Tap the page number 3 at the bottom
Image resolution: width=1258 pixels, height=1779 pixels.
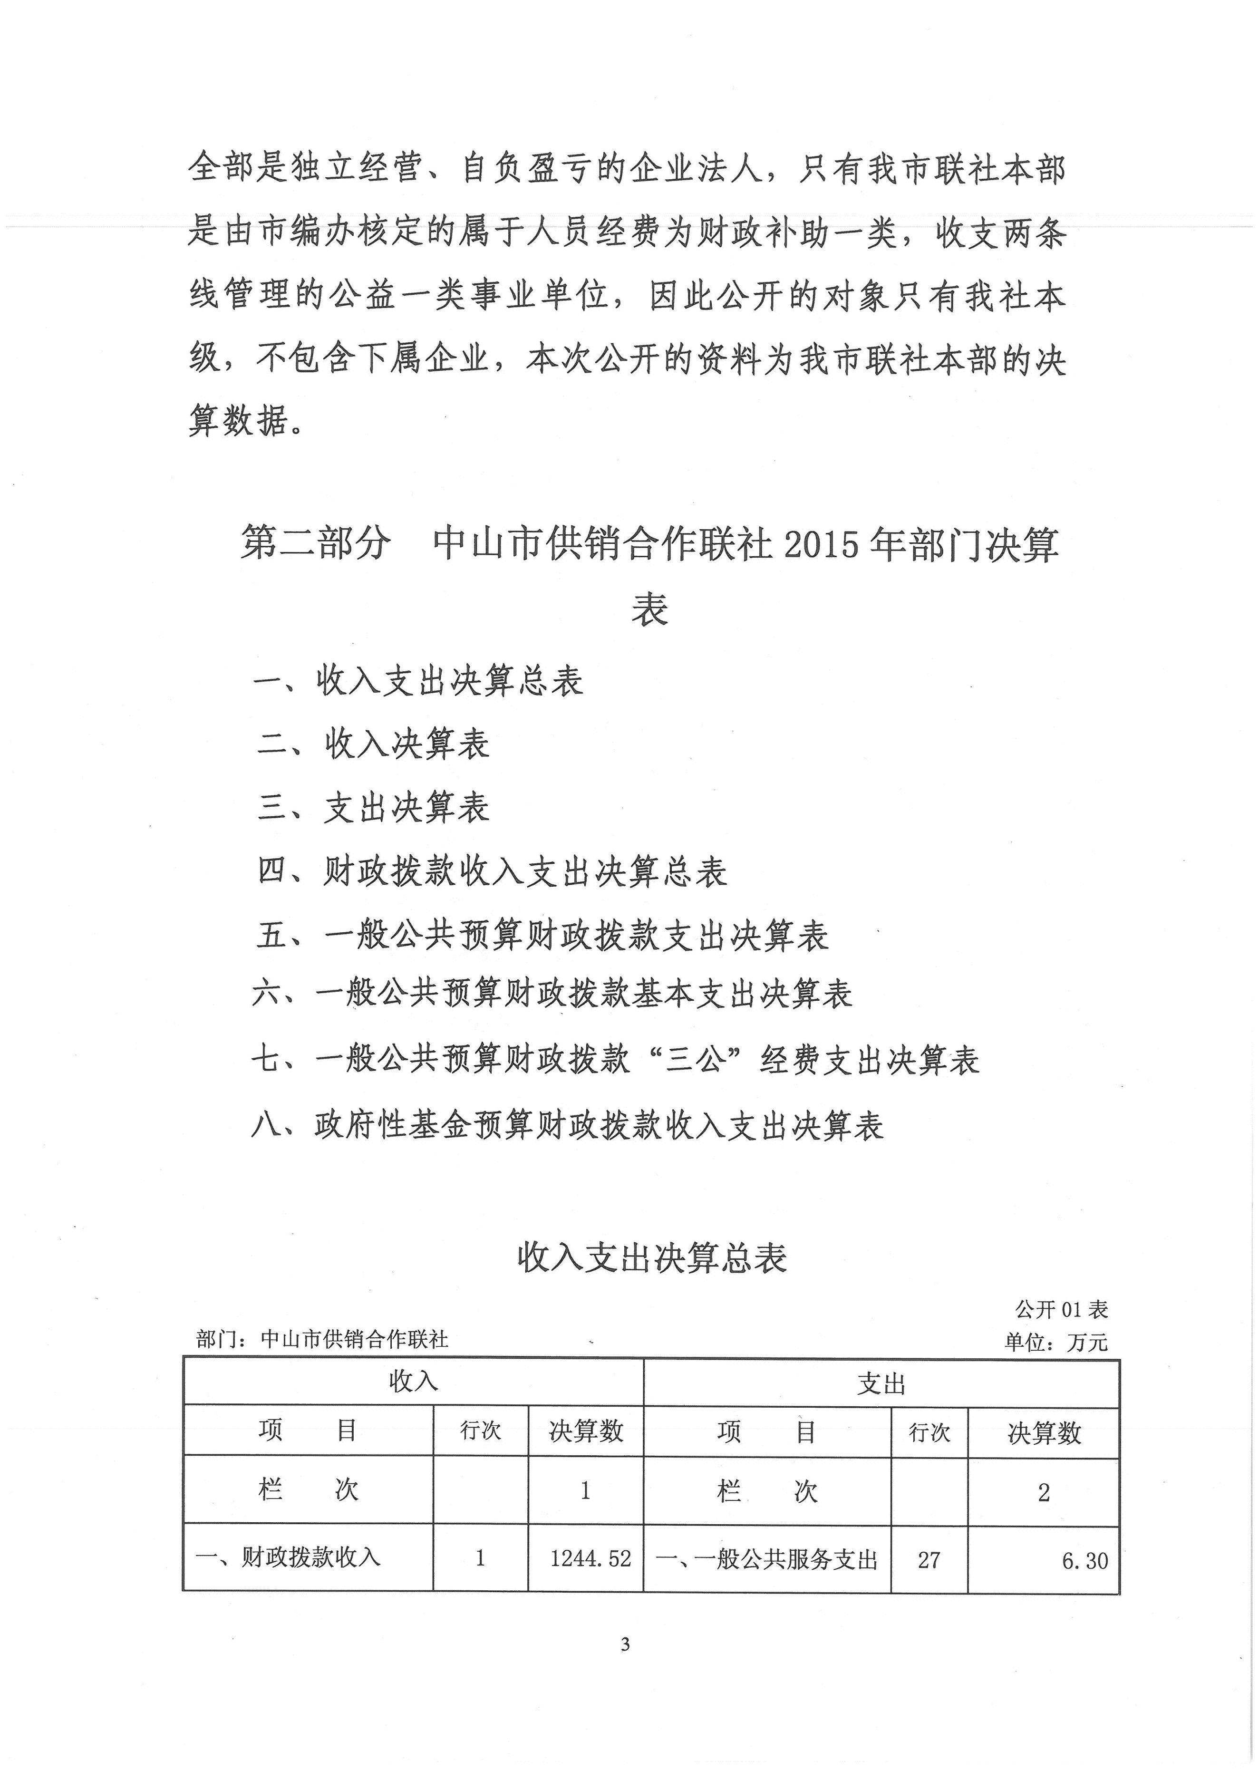tap(626, 1666)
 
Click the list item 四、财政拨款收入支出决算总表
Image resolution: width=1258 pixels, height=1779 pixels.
tap(492, 872)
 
